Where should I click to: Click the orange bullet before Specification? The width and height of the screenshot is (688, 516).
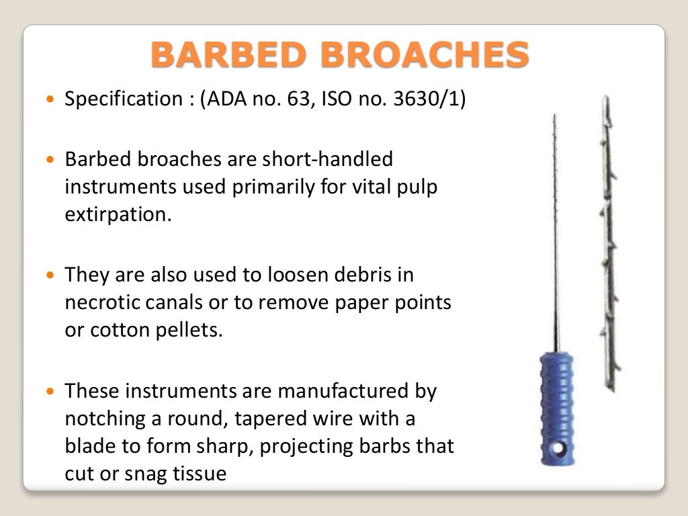click(x=52, y=99)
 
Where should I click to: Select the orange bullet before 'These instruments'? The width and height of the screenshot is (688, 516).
click(x=52, y=390)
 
